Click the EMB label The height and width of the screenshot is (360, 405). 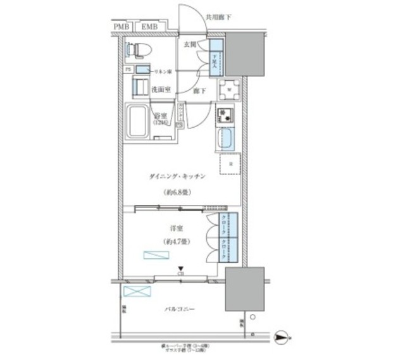click(150, 26)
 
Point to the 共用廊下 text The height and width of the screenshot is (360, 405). click(218, 17)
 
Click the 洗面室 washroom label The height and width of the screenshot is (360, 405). click(161, 90)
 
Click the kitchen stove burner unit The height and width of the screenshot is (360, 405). click(225, 115)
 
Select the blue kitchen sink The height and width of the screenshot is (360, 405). click(227, 139)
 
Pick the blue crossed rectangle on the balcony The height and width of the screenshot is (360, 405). click(137, 292)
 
